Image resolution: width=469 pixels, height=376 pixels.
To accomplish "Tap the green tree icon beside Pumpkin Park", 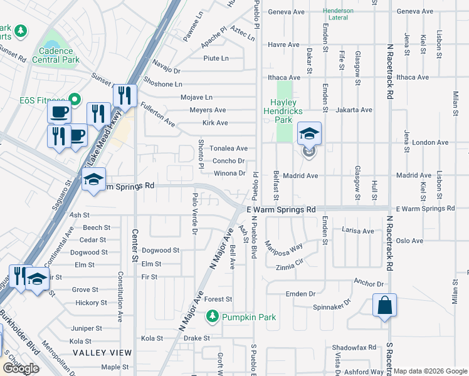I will (213, 316).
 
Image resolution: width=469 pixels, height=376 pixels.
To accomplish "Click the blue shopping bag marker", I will (385, 306).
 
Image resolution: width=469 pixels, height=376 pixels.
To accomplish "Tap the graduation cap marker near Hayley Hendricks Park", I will (308, 134).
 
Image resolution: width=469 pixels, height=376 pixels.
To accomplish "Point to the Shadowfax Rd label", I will (354, 347).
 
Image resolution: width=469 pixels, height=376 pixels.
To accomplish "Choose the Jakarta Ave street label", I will (354, 110).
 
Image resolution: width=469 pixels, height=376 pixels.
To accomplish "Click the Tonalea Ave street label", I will (228, 149).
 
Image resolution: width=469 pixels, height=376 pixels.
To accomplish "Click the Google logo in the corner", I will (21, 368).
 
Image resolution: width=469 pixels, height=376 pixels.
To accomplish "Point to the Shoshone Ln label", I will (162, 84).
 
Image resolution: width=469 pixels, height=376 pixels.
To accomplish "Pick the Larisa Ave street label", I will (357, 231).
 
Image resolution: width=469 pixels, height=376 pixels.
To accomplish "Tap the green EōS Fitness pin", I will (74, 99).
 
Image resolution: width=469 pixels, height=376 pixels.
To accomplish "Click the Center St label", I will (134, 245).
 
